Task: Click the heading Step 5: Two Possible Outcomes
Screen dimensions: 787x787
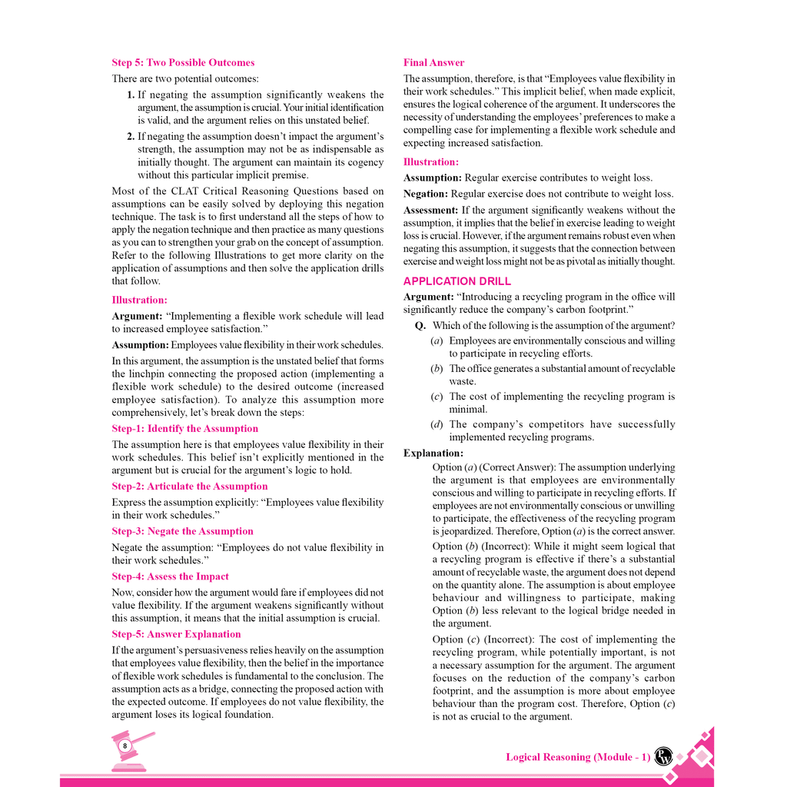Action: pos(183,63)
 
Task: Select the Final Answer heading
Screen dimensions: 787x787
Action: pos(433,63)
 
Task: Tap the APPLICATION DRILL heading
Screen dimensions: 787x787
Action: pos(457,281)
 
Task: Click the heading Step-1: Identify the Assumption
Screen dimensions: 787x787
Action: pos(184,429)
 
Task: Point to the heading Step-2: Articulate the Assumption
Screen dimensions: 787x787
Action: pos(190,486)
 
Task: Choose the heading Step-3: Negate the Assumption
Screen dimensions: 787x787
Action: pos(182,531)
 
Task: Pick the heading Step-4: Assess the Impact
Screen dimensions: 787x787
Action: pos(170,576)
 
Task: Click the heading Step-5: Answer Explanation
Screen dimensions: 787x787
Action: pos(176,634)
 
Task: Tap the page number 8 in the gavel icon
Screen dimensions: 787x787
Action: pos(125,745)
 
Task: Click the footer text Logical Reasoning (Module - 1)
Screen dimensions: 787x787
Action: pos(578,757)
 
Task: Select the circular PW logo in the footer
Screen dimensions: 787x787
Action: pos(662,756)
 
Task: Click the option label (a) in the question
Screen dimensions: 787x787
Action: pos(437,340)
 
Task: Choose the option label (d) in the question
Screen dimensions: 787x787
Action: pos(437,424)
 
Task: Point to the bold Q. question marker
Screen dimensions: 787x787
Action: pos(420,326)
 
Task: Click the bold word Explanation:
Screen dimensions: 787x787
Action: pos(433,453)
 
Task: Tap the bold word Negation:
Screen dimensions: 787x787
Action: pos(425,194)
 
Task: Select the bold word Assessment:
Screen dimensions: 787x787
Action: pos(431,210)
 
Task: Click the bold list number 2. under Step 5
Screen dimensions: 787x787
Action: pos(131,136)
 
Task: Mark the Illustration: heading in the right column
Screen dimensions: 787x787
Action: pos(430,162)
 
